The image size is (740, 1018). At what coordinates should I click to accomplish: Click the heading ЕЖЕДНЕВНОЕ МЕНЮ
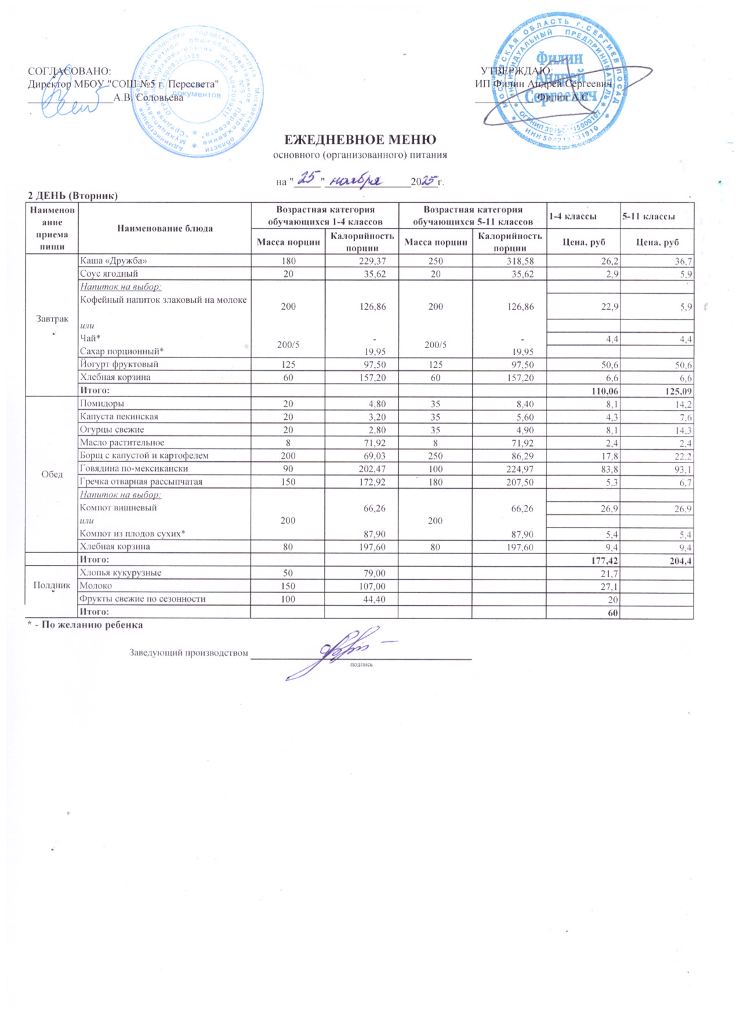[x=360, y=140]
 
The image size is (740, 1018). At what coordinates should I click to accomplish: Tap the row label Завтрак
[x=52, y=319]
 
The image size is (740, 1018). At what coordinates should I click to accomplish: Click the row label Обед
[x=52, y=475]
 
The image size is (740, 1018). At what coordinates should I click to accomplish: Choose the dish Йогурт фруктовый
[x=118, y=365]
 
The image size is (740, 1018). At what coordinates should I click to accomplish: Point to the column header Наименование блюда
[x=164, y=228]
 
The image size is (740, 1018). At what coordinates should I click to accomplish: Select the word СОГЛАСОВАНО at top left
[x=69, y=71]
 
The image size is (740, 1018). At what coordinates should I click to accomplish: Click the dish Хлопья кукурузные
[x=120, y=573]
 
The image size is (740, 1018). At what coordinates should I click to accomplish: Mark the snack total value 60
[x=613, y=611]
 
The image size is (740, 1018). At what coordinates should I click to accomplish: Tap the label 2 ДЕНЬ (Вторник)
[x=73, y=195]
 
